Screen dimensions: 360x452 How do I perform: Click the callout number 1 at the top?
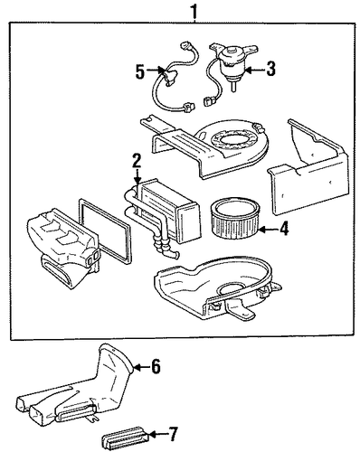[x=194, y=11]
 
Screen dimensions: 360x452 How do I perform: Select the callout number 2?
[x=137, y=161]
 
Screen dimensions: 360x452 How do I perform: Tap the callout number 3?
[x=270, y=69]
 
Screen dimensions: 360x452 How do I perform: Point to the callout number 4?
[x=284, y=229]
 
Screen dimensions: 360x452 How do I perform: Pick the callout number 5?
[x=140, y=71]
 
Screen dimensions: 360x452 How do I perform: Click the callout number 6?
[x=156, y=367]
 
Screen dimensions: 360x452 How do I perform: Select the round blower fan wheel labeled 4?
[x=233, y=219]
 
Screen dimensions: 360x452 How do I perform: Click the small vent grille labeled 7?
[x=124, y=438]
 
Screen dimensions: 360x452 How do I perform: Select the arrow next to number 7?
[x=156, y=434]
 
